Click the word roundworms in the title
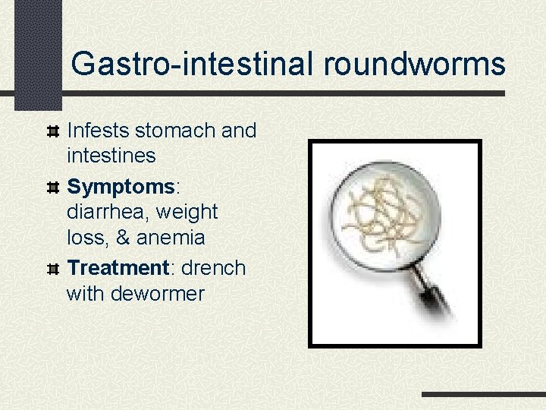pos(414,64)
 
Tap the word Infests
pos(98,131)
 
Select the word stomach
pos(171,131)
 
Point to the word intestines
pos(111,156)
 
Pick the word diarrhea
pos(108,212)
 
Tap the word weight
pos(187,212)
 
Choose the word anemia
pos(170,238)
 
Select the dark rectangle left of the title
pos(37,53)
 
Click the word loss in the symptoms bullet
pos(83,238)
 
